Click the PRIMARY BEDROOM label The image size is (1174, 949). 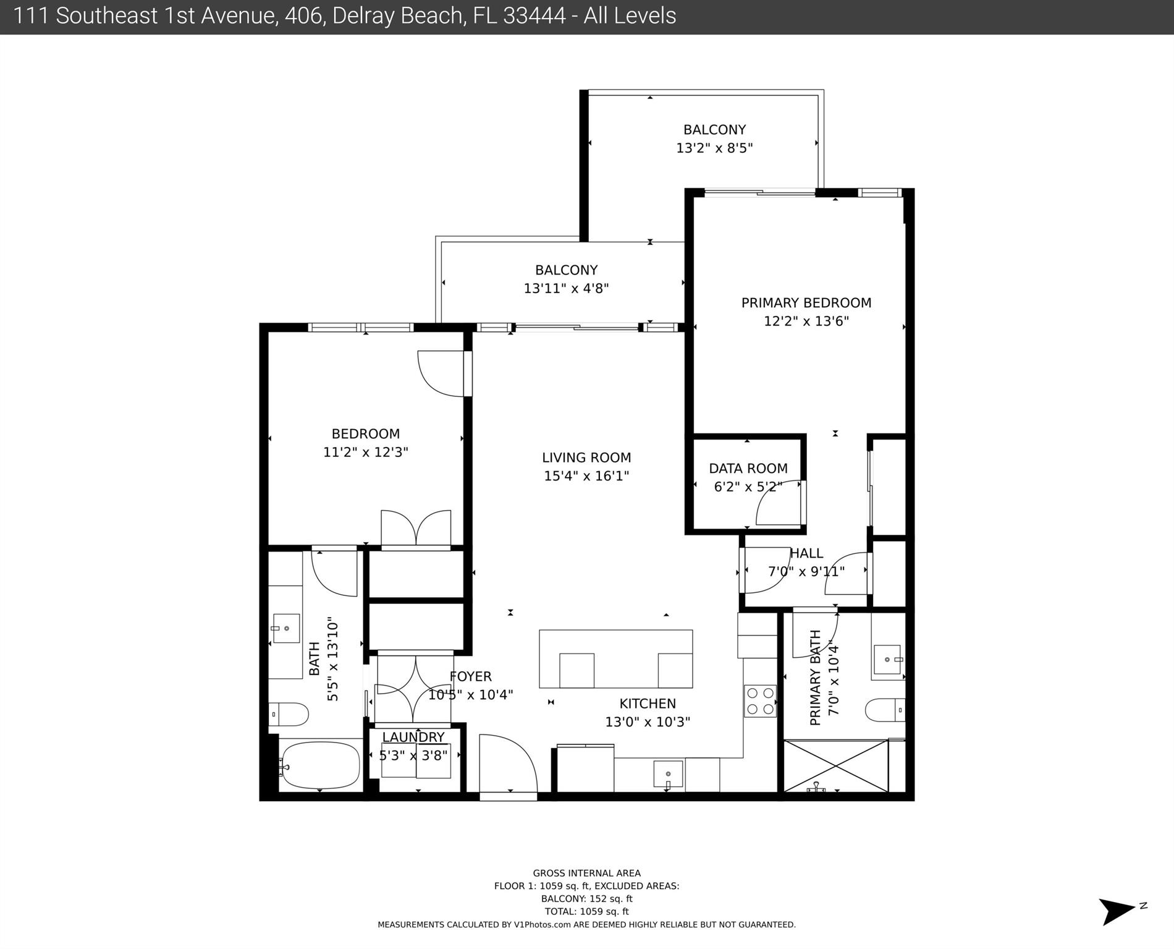pos(806,303)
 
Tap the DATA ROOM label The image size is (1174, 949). pos(748,469)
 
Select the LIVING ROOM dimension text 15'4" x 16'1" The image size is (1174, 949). pos(586,476)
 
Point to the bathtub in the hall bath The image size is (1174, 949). pos(319,765)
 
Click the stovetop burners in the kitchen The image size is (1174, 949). pos(759,701)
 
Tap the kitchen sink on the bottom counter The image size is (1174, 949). pos(668,775)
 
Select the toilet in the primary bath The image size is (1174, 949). pos(885,710)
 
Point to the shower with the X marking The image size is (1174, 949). pos(835,766)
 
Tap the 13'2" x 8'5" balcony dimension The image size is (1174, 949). pos(714,148)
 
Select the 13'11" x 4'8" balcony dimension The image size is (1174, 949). pos(566,289)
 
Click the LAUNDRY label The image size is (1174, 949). pos(413,737)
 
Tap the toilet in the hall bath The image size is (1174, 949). pos(289,715)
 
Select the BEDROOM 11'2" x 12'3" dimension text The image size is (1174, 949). pos(366,453)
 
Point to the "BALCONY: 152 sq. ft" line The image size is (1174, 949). pos(586,899)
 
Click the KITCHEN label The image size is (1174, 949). pos(648,704)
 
